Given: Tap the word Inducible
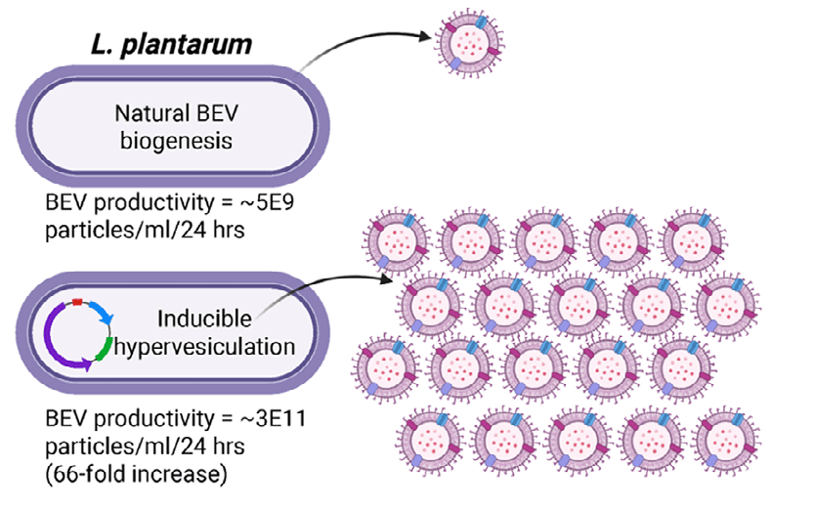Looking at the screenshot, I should pyautogui.click(x=202, y=319).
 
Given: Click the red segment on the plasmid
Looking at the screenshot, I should pyautogui.click(x=78, y=291).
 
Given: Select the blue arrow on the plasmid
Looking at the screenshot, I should pyautogui.click(x=104, y=310).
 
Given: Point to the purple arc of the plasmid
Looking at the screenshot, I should pyautogui.click(x=51, y=337).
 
